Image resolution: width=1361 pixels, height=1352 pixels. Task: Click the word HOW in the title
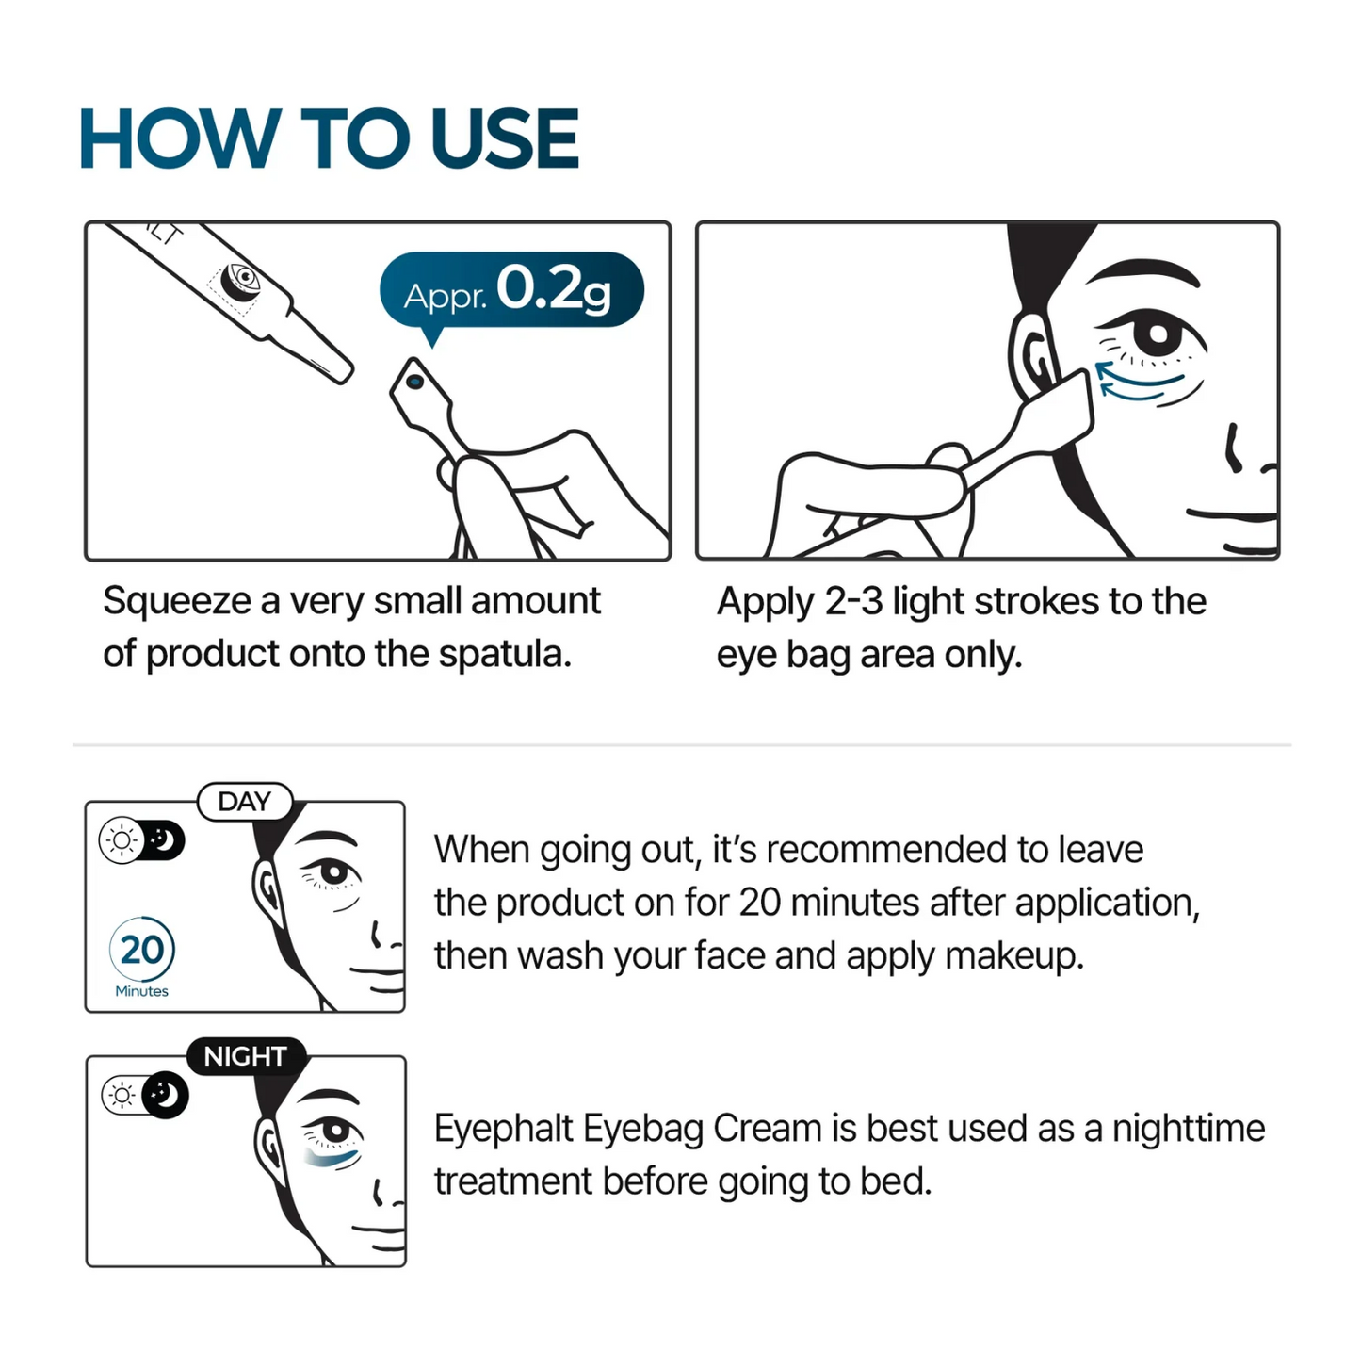click(x=179, y=138)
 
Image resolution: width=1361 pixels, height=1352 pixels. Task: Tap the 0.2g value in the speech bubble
click(x=553, y=289)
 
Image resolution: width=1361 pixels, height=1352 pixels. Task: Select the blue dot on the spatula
click(x=413, y=382)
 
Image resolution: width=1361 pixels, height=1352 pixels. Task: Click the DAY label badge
click(x=244, y=802)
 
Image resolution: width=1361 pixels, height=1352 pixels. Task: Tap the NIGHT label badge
click(x=245, y=1056)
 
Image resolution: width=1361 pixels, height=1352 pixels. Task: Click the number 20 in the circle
click(x=142, y=950)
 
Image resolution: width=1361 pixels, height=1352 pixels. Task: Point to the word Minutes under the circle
click(x=141, y=991)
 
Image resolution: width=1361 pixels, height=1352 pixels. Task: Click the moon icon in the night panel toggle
click(x=166, y=1095)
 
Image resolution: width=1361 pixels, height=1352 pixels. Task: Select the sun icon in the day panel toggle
click(x=122, y=839)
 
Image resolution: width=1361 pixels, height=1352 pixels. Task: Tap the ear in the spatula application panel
click(x=1032, y=353)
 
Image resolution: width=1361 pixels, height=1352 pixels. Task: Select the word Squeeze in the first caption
click(x=177, y=601)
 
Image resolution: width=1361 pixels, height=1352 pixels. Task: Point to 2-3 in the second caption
click(x=853, y=601)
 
